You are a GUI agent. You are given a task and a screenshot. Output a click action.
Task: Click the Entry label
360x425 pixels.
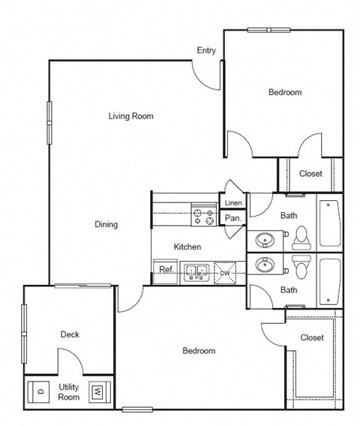(206, 51)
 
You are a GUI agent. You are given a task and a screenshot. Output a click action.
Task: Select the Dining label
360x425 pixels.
(106, 224)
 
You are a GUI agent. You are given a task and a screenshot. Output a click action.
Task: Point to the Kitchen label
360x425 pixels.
(187, 247)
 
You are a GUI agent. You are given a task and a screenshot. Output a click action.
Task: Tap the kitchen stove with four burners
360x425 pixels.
(202, 217)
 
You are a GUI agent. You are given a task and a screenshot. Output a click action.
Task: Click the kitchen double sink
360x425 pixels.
(197, 271)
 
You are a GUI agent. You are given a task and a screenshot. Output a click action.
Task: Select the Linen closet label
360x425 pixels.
(232, 202)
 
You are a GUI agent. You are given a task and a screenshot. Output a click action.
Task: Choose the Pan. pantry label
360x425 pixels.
(232, 219)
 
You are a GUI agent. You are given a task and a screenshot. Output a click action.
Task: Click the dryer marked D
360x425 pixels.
(39, 391)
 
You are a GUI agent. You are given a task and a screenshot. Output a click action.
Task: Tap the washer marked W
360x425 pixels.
(97, 391)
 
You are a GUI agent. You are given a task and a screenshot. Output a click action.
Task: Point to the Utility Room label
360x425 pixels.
(69, 391)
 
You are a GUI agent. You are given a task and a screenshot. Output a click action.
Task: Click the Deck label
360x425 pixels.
(70, 334)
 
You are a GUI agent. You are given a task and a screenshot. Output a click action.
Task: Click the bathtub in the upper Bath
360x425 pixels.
(329, 223)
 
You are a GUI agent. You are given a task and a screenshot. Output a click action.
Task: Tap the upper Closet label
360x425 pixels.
(310, 174)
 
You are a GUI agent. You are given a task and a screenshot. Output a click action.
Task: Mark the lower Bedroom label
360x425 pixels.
(199, 351)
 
